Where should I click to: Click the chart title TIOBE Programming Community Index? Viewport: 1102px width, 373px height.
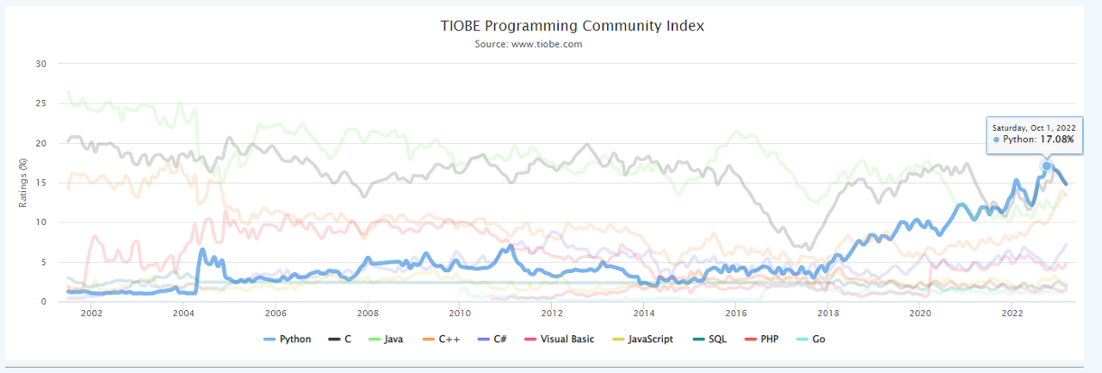pos(572,26)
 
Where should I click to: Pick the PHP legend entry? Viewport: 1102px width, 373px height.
pos(765,339)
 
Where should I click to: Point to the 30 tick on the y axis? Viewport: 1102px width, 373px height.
pos(40,64)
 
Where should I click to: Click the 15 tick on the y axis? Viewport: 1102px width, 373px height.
pos(40,183)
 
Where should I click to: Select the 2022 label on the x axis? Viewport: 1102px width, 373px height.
pos(1012,314)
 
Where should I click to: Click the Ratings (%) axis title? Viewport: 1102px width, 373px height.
pos(22,182)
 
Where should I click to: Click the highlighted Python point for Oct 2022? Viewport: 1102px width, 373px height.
pos(1047,166)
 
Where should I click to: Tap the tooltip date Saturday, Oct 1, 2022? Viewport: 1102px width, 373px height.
pos(1033,127)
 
